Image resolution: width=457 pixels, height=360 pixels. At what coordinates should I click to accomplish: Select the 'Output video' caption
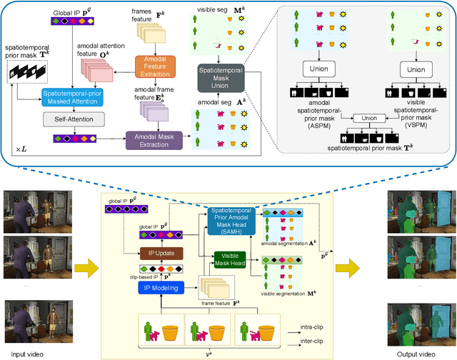click(x=414, y=353)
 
